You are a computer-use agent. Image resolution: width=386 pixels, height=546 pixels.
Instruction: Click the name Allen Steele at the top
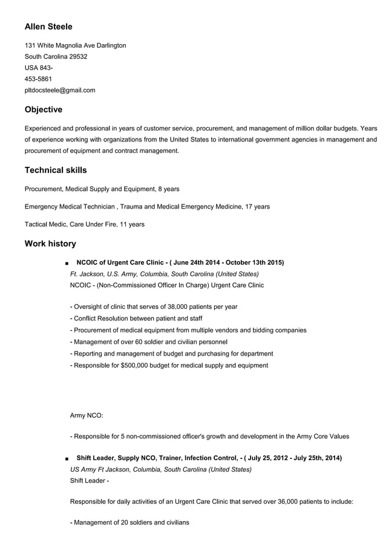coord(48,27)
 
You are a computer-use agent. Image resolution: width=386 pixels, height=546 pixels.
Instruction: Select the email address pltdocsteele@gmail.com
coord(60,91)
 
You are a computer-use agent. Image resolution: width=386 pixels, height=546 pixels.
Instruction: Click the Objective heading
coord(43,110)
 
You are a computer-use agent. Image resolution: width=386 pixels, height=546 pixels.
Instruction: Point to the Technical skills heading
coord(56,171)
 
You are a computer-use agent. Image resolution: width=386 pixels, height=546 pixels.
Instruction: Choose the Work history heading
coord(50,244)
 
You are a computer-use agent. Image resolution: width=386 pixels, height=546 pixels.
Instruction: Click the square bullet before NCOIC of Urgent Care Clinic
coord(64,264)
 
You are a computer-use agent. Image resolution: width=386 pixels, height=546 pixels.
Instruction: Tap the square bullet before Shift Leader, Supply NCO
coord(64,459)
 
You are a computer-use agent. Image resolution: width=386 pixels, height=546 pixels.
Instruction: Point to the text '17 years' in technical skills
coord(257,207)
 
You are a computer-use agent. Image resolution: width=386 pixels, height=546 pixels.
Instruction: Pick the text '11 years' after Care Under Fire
coord(132,225)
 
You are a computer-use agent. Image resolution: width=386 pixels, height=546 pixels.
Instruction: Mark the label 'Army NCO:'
coord(87,416)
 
